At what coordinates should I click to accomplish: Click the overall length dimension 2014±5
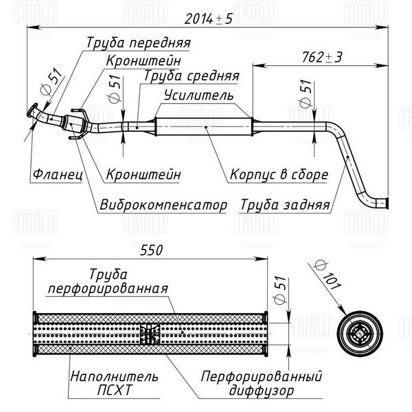208,19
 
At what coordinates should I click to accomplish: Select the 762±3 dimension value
322,57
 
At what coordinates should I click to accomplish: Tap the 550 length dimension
151,250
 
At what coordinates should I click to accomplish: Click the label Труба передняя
139,43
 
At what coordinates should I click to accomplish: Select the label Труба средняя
192,76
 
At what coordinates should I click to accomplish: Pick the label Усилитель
198,95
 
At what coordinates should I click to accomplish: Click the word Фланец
58,174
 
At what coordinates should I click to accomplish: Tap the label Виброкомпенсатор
163,205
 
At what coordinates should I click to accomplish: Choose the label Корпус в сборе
279,174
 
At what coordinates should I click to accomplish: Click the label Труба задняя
285,205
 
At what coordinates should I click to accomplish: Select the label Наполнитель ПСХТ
114,383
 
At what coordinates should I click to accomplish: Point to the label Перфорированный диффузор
262,383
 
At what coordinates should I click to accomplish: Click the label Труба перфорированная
108,282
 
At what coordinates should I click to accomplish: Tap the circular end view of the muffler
360,334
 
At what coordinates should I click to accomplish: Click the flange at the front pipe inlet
32,111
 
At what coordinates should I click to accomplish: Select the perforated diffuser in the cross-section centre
150,334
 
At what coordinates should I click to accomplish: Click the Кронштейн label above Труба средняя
144,60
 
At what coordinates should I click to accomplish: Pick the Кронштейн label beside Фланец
144,174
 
